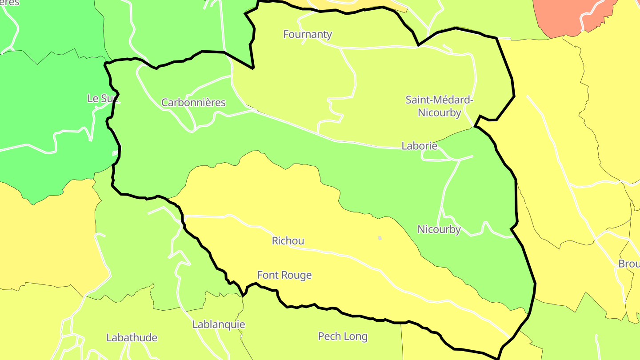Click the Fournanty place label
(x=308, y=34)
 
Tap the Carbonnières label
(x=193, y=103)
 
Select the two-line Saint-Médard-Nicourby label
(x=439, y=106)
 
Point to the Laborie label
(x=419, y=146)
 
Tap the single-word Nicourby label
(x=439, y=229)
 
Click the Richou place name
(x=288, y=241)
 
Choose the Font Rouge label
(x=284, y=275)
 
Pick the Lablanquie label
(x=218, y=324)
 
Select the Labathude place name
(x=132, y=338)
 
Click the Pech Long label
(x=343, y=336)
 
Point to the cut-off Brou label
(x=629, y=264)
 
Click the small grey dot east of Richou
(x=380, y=238)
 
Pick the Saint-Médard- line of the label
(x=439, y=100)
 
